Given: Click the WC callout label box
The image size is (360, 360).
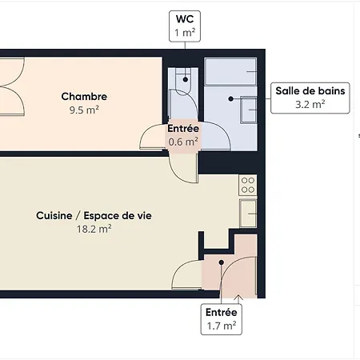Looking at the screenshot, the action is click(x=185, y=26).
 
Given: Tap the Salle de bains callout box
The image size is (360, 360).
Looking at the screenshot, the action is click(x=310, y=98).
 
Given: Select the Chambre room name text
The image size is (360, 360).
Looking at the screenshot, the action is click(x=84, y=97).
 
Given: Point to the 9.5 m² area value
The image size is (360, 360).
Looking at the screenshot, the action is click(x=84, y=110).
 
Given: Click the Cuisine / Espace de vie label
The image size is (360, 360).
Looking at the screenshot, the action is click(x=94, y=215).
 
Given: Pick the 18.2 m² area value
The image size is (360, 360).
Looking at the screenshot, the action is click(x=94, y=229).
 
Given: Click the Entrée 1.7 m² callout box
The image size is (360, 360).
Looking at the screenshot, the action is click(x=222, y=319).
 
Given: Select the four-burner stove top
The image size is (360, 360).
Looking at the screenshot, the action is click(x=248, y=185).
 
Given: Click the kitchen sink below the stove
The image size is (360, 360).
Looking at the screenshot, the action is click(x=248, y=214).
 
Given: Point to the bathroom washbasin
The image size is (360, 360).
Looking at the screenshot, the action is click(x=249, y=110).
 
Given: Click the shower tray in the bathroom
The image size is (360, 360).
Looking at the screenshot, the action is click(x=230, y=71).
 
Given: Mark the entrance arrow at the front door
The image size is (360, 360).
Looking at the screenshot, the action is click(x=238, y=299).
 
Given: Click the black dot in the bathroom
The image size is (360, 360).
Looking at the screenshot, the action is click(x=231, y=98).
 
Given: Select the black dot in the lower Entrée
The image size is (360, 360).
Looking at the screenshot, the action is click(x=222, y=262).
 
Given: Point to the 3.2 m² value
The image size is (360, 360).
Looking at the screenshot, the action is click(x=310, y=104).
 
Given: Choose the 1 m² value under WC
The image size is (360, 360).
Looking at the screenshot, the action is click(x=185, y=33).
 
